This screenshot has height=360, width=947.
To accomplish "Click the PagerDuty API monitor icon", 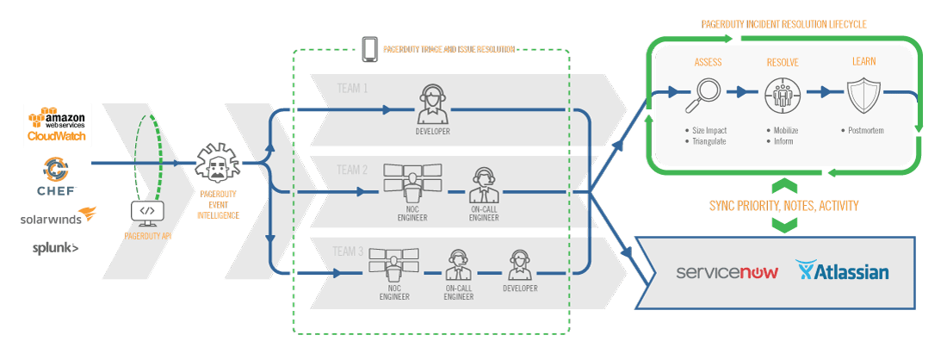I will [x=147, y=210].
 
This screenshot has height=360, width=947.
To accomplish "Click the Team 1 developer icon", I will [x=430, y=105].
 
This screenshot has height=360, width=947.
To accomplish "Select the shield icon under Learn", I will [x=863, y=95].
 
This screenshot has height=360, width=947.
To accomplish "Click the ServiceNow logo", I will [x=727, y=272].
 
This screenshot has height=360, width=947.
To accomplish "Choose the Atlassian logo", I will [x=843, y=272].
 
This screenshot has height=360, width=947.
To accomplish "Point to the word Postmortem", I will [x=866, y=131].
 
